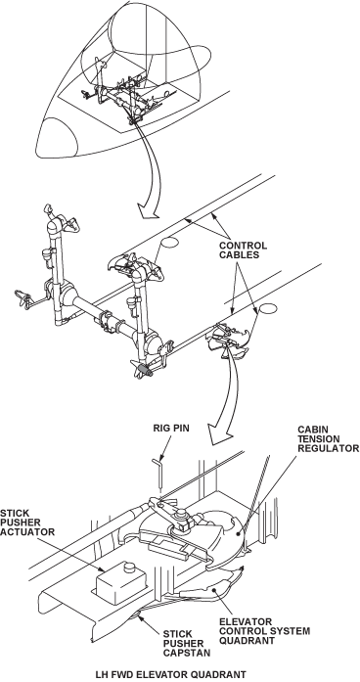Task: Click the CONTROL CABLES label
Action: pos(243,250)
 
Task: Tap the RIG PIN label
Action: pos(171,429)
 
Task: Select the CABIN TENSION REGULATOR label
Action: pos(329,439)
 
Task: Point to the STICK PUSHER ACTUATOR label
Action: pos(27,523)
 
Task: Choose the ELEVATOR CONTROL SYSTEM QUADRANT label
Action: pos(265,631)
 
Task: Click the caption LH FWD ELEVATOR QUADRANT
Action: pos(171,674)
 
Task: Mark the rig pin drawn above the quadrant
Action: pos(159,475)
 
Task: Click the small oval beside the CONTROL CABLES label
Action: pos(169,243)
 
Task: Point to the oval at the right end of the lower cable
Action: pos(268,309)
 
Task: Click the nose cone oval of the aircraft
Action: pos(57,138)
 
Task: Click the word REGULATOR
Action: pos(329,448)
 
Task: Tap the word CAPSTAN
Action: pos(187,653)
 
